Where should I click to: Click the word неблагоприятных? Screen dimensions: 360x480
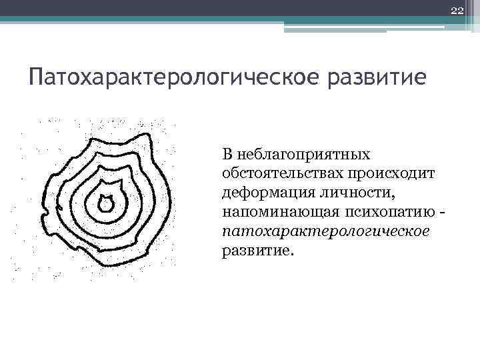[304, 155]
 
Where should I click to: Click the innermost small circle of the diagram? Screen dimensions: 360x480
[105, 202]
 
